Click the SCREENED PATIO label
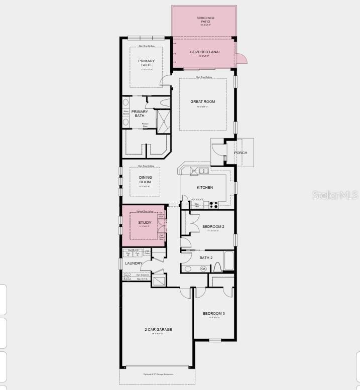coord(205,20)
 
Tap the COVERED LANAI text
coord(205,52)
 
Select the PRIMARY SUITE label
coord(147,63)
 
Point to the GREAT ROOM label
coord(202,102)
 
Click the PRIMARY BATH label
coord(140,114)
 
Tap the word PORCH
coord(241,153)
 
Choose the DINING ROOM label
coord(145,180)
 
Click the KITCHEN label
coord(204,188)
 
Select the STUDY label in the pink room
coord(145,222)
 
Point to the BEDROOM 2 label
coord(213,227)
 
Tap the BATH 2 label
coord(206,258)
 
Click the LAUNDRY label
coord(134,264)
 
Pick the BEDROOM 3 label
coord(214,314)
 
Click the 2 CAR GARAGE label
coord(158,330)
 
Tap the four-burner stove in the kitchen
coord(213,205)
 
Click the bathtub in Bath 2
coord(228,261)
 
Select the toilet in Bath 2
coord(217,266)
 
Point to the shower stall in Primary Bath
coord(164,121)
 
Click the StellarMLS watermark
coord(335,195)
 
